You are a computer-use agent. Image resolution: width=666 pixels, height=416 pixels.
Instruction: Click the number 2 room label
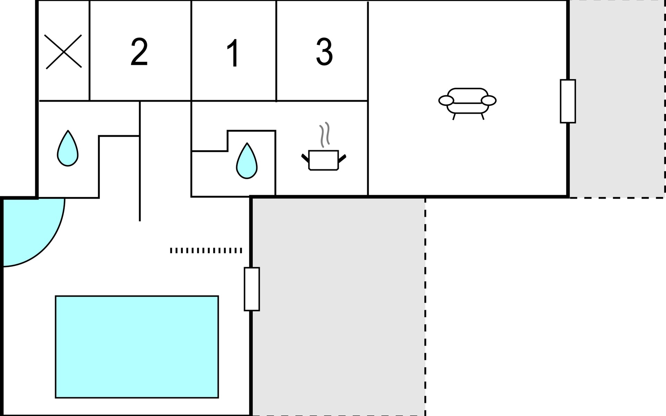(139, 52)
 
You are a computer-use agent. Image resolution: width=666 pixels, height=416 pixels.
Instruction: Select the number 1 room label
(233, 53)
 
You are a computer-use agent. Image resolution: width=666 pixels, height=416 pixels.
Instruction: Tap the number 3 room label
(324, 52)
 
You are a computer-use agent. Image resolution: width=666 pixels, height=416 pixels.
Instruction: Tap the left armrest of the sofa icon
(446, 101)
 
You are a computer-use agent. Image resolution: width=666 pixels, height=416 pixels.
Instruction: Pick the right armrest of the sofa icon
(489, 101)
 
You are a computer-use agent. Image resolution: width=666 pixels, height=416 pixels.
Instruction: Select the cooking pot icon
(323, 160)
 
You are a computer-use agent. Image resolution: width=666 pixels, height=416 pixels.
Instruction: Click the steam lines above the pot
(324, 135)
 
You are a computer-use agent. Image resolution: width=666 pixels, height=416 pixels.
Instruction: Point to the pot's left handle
(305, 158)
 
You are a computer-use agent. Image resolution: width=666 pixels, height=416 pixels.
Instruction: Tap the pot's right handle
(342, 158)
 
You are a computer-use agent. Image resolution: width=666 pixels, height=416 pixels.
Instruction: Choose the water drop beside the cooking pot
(247, 162)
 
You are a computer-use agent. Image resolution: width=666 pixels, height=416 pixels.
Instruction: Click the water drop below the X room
(68, 149)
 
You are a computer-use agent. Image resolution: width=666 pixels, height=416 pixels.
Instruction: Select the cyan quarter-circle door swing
(28, 229)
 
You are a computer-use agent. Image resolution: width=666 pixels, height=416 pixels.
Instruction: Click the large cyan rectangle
(137, 347)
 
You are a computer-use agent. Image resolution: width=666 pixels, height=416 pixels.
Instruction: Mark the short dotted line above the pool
(206, 250)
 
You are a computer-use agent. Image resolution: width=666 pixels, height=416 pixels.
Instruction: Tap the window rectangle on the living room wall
(568, 101)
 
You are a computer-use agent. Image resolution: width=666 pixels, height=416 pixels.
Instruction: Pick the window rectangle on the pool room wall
(252, 289)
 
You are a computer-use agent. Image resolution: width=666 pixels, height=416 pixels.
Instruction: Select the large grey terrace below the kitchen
(338, 305)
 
